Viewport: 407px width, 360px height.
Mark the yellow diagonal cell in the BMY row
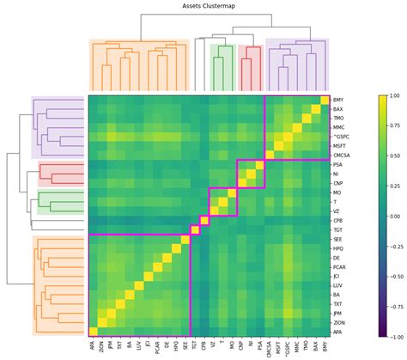pos(325,100)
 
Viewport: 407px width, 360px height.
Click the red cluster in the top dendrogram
pos(251,64)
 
